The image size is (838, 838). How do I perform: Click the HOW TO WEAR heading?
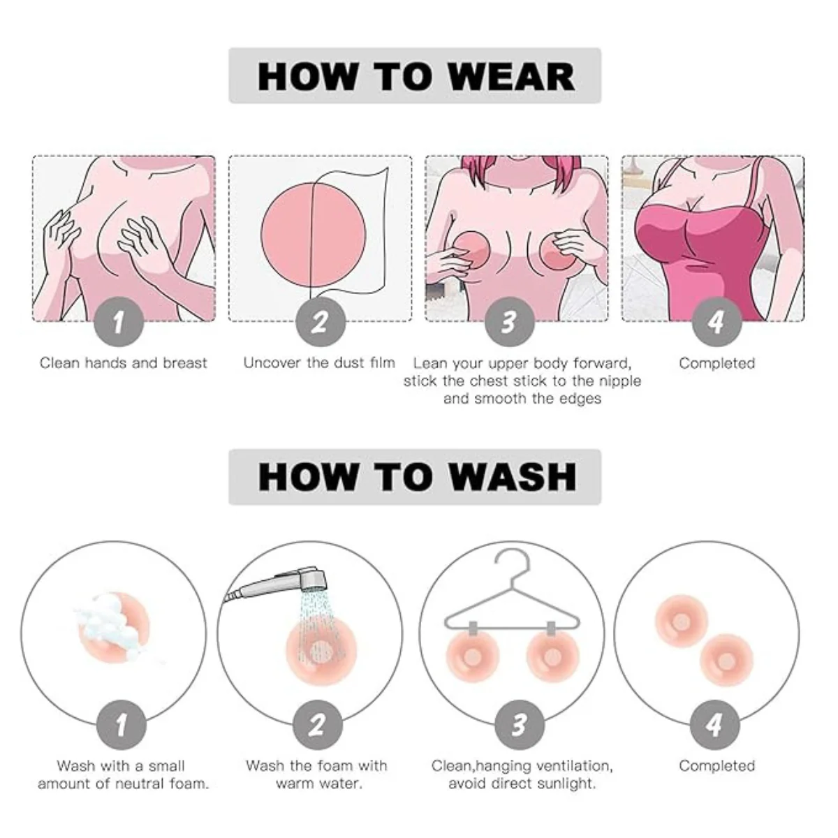coord(416,77)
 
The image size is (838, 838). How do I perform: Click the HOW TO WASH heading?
coord(417,477)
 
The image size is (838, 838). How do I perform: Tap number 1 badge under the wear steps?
coord(119,322)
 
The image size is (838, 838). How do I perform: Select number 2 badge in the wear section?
coord(320,322)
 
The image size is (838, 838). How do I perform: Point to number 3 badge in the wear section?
coord(509,322)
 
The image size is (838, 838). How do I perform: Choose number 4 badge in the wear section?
coord(716,322)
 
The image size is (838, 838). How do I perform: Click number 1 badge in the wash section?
coord(122,725)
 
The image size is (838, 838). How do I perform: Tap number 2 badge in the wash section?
coord(318,725)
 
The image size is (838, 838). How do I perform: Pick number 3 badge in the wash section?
coord(520,725)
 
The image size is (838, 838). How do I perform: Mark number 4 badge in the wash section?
coord(715,725)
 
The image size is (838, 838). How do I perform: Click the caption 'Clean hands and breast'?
coord(124,362)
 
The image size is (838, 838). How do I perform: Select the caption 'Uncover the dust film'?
coord(319,362)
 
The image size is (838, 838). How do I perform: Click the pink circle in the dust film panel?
coord(313,235)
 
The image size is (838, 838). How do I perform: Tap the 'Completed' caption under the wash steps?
coord(716,765)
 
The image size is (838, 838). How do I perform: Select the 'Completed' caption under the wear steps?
coord(716,363)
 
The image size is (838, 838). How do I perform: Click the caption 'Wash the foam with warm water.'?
coord(316,774)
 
